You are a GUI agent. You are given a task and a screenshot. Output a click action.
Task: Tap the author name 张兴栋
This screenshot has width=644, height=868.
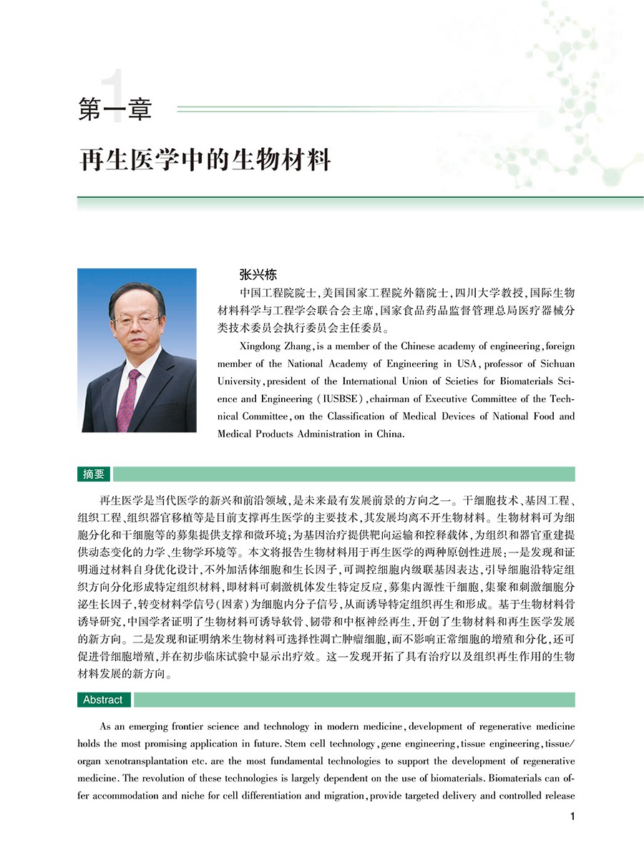tap(258, 275)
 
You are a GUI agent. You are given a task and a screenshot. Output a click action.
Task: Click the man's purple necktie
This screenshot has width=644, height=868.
tap(130, 400)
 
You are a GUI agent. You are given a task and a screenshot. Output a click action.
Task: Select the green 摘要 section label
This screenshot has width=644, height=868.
tap(94, 474)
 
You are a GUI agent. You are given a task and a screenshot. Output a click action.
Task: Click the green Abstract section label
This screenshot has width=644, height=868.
tap(103, 700)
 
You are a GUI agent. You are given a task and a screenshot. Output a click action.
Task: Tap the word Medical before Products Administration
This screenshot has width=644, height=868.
tap(237, 434)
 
